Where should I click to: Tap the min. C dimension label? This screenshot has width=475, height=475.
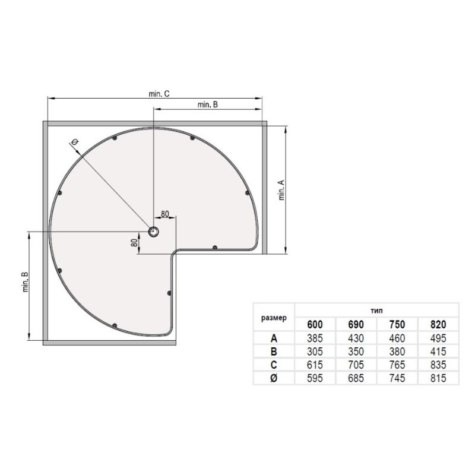point(159,94)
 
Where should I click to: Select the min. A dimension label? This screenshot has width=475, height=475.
point(281,190)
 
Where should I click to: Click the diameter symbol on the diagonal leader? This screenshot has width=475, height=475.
point(75,142)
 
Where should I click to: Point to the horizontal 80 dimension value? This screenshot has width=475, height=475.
point(165,214)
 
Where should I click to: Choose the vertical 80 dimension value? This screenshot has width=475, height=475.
point(134,242)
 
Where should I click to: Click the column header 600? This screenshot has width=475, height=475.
point(315,325)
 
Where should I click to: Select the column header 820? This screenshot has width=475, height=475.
point(438,325)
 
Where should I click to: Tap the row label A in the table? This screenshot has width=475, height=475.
point(274,338)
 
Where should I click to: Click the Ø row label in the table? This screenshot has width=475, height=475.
point(274,378)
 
